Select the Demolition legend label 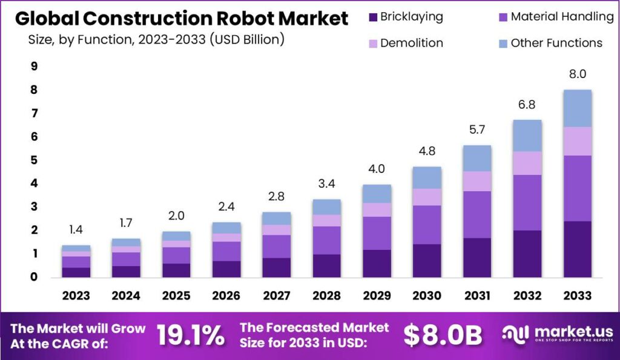coord(412,43)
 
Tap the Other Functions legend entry coord(556,43)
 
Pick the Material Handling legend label coord(562,17)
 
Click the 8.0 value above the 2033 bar coord(577,74)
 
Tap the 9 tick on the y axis coord(34,67)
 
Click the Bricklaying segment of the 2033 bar coord(577,249)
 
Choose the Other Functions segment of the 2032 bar coord(527,136)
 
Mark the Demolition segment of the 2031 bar coord(477,181)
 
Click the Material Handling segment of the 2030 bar coord(427,224)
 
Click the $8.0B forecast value coord(443,335)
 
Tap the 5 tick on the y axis coord(34,160)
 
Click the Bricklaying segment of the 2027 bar coord(276,267)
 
